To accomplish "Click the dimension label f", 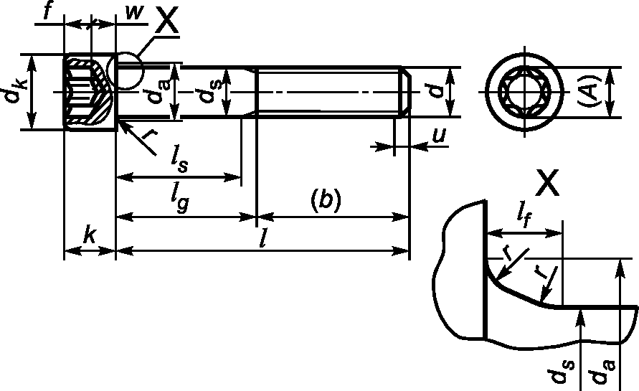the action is coord(48,11).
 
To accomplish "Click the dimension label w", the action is coord(135,13).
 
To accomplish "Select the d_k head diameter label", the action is coord(16,91).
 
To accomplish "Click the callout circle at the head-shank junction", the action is coord(126,70).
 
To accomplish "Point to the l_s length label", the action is coord(180,160).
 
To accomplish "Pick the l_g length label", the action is coord(180,199).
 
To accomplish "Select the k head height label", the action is coord(89,235).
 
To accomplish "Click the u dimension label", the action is coord(440,135).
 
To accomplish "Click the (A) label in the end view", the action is coord(590,91).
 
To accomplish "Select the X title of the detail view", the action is coord(547,183).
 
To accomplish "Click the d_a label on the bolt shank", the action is coord(157,92).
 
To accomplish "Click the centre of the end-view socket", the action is coord(524,91).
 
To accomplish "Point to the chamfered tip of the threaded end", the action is coord(407,92).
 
